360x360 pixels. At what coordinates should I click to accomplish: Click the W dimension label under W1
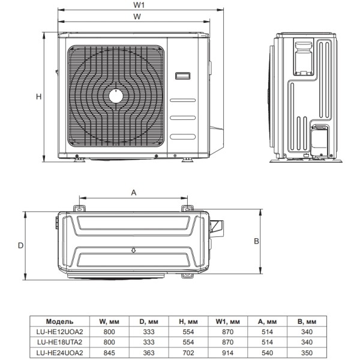point(137,17)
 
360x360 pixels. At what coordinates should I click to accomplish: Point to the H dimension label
point(37,97)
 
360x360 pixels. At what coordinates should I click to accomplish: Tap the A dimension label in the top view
point(133,192)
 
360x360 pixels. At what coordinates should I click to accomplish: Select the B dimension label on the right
point(256,241)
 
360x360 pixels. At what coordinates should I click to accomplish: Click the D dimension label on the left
point(20,246)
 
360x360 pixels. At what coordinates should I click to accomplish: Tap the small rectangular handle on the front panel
point(182,76)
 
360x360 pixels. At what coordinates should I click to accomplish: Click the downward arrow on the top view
point(132,250)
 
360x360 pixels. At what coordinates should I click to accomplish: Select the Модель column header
point(59,322)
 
